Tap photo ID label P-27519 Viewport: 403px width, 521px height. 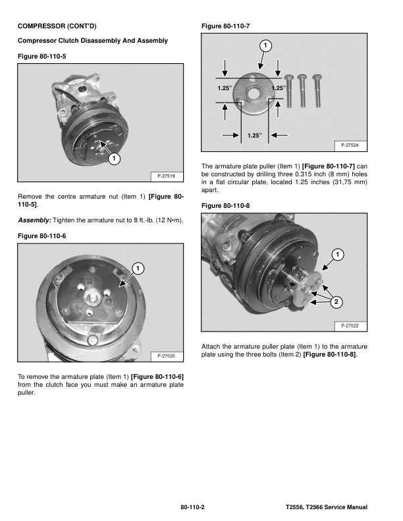coord(167,176)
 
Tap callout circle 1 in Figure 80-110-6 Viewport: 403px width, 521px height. coord(138,268)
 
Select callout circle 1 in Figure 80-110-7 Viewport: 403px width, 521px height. coord(264,45)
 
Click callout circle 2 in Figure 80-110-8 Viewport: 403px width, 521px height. coord(336,302)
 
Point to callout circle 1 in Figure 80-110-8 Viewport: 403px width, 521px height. coord(336,255)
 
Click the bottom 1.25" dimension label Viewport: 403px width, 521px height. coord(254,136)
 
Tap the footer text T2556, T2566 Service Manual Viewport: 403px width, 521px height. coord(326,508)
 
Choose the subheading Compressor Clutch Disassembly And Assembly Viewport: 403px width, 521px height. coord(93,41)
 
